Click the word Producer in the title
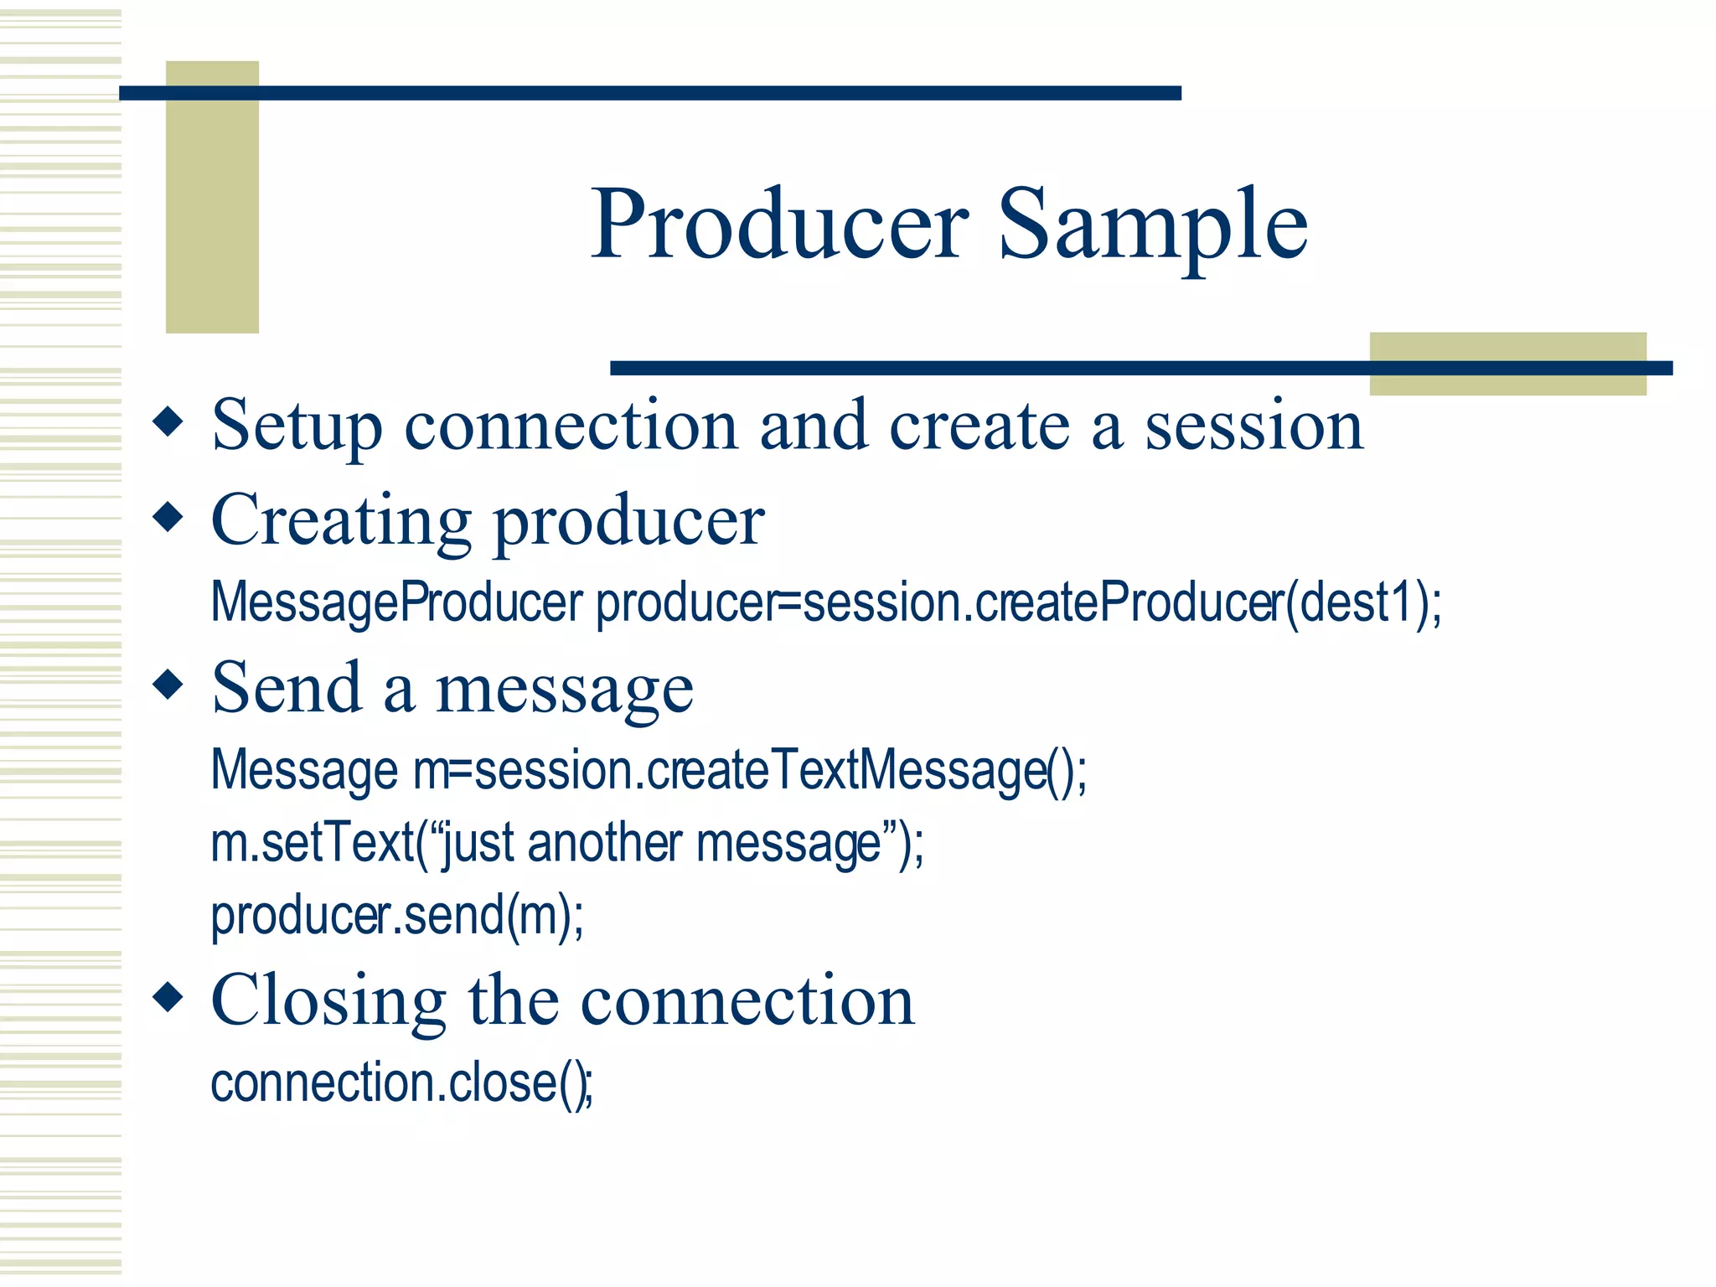(779, 225)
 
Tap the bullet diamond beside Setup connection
(168, 421)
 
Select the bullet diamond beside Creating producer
(168, 516)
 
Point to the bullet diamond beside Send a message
(168, 684)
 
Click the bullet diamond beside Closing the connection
(168, 997)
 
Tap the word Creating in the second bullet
(341, 521)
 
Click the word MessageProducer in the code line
(396, 602)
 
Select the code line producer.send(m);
(396, 915)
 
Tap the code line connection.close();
(401, 1083)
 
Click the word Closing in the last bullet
(328, 1001)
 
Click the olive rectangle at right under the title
(1507, 364)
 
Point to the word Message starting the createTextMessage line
(304, 770)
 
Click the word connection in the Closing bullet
(747, 1001)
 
